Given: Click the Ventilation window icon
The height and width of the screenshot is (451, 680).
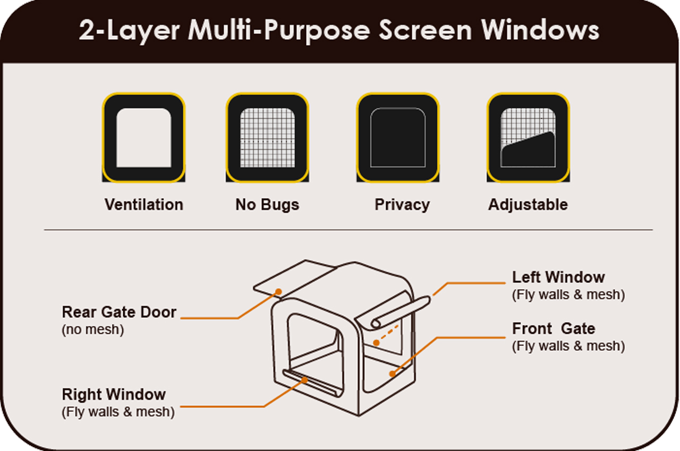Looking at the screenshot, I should [x=143, y=137].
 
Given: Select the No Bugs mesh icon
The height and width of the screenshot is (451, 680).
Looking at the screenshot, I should [x=268, y=137].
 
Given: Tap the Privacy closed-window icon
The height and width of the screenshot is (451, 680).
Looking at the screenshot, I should [x=398, y=137].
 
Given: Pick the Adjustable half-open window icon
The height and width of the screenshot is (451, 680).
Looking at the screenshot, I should [x=528, y=137].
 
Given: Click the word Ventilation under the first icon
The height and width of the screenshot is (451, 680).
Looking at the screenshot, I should [x=143, y=205].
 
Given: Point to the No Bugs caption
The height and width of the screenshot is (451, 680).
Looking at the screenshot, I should [x=267, y=205].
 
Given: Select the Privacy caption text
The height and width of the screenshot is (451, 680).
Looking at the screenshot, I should [x=402, y=205].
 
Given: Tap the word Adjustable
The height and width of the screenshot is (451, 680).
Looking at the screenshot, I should [x=528, y=205].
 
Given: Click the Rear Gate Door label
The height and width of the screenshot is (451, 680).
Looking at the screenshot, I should [x=119, y=312].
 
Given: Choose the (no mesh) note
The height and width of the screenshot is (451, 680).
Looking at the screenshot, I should [x=93, y=329].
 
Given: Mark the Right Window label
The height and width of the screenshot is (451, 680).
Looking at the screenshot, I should [x=114, y=395].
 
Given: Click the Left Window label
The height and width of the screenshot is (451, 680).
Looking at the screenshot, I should [x=558, y=277].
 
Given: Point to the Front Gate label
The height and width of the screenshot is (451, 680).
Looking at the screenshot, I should [x=554, y=329].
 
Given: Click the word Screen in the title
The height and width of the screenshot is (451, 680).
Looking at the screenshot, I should [x=425, y=31].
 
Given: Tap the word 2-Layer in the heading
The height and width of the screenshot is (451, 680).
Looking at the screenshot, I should [x=130, y=31].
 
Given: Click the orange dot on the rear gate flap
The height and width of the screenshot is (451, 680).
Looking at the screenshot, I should [x=278, y=291].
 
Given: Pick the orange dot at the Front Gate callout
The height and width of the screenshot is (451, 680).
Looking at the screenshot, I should [x=392, y=374].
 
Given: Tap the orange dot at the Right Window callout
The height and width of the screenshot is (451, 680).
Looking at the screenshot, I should [x=305, y=379].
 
